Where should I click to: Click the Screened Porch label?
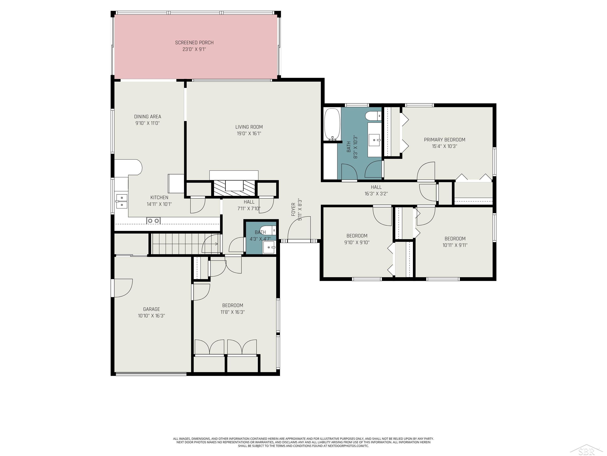point(194,43)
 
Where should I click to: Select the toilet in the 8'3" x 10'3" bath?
point(373,116)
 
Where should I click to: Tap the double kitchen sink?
point(122,201)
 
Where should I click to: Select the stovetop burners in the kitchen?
point(153,220)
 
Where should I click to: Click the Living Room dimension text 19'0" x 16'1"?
point(249,134)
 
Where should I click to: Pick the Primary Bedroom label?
point(445,140)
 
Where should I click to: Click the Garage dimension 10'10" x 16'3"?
point(152,316)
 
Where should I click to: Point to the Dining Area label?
point(148,117)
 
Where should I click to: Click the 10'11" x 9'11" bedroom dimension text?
point(455,245)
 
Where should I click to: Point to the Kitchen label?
point(159,197)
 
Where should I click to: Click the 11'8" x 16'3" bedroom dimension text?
point(232,312)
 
